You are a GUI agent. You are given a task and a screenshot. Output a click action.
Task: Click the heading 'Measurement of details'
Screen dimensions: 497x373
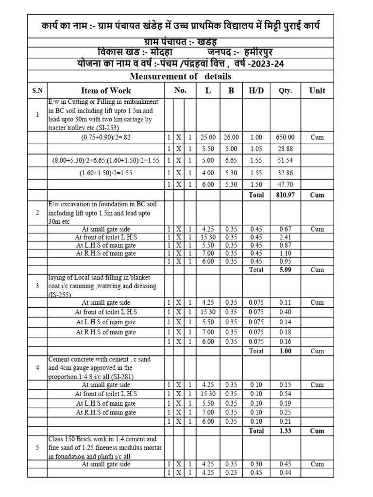click(x=180, y=76)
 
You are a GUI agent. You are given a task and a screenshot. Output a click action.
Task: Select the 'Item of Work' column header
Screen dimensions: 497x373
click(x=106, y=90)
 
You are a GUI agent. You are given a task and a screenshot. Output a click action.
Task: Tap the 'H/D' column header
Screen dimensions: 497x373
click(x=256, y=90)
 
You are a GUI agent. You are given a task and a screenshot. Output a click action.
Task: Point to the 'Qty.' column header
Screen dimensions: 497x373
click(x=285, y=90)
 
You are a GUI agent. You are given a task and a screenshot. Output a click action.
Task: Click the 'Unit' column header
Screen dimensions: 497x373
click(x=317, y=90)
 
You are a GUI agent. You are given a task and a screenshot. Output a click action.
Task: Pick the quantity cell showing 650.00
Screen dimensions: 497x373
click(x=285, y=137)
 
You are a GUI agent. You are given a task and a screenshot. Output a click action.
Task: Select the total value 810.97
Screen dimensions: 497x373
click(x=285, y=195)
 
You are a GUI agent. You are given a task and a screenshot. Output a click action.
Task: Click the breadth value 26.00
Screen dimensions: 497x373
click(x=231, y=137)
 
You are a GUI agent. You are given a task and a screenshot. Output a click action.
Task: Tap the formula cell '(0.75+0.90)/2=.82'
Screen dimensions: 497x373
click(x=106, y=137)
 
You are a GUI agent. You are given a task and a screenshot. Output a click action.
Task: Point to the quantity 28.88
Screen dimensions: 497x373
click(x=285, y=149)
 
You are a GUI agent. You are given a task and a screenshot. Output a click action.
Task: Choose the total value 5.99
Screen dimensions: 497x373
click(x=285, y=269)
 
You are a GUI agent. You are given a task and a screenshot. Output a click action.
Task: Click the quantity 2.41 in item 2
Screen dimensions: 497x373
click(x=285, y=237)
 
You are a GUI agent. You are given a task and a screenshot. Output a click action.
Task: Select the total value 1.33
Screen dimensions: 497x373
click(x=285, y=431)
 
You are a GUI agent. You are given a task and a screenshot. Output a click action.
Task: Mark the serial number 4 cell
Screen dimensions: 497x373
click(x=37, y=367)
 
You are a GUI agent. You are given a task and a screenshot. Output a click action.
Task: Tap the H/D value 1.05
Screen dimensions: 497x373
click(x=256, y=149)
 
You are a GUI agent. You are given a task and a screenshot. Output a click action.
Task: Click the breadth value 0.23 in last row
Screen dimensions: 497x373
click(x=231, y=473)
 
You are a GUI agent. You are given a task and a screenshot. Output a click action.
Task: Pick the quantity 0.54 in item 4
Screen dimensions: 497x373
click(x=285, y=394)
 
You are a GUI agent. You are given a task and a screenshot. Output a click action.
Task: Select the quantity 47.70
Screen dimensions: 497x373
click(x=285, y=184)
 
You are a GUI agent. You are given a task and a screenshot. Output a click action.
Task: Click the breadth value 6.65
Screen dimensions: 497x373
click(x=231, y=160)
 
